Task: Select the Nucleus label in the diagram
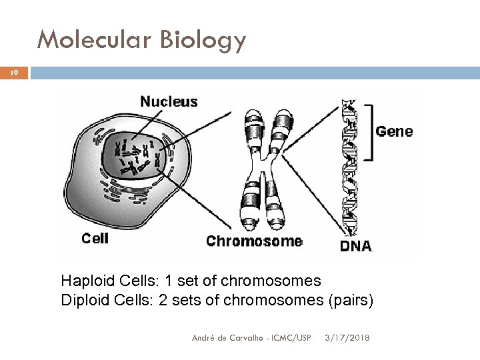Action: click(169, 102)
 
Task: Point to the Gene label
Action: click(394, 132)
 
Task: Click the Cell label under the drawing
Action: click(94, 238)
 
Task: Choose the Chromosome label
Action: click(254, 241)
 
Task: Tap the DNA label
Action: click(357, 246)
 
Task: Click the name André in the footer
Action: click(201, 338)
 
